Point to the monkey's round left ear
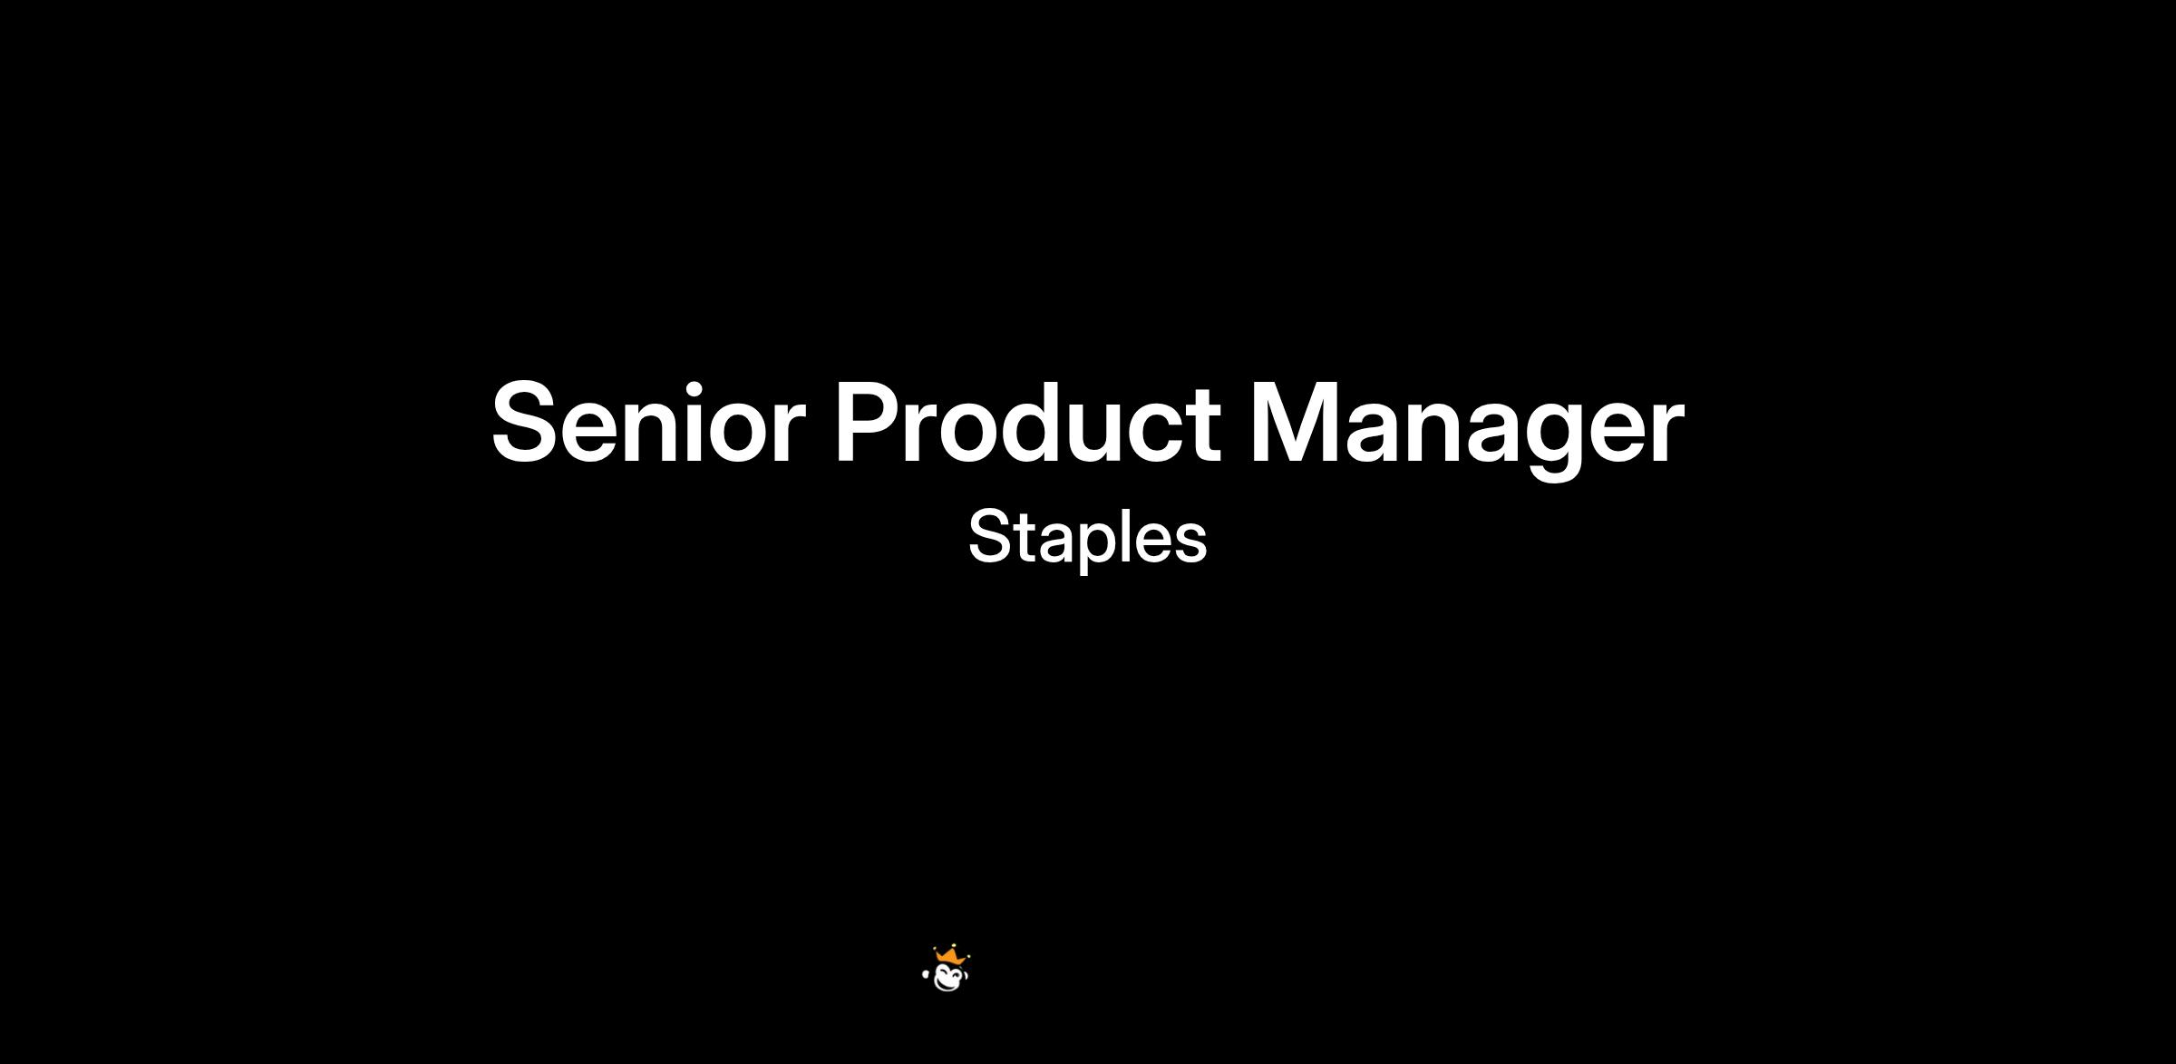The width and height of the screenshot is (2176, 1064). (x=926, y=975)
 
